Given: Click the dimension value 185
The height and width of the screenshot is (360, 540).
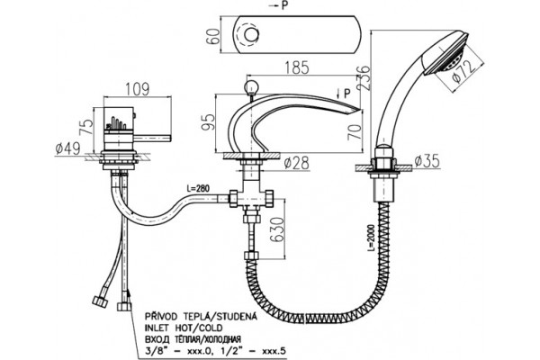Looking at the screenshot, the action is coord(297,67).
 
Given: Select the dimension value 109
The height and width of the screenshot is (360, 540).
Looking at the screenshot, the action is coord(137,89).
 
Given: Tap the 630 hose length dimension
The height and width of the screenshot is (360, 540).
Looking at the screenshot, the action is coord(277,229).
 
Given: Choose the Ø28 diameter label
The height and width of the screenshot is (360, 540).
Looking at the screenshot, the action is coord(297,163).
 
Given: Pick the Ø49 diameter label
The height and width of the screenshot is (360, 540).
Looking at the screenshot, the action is coord(67,148).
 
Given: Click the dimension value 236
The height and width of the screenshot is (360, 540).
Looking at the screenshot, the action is coord(364,78).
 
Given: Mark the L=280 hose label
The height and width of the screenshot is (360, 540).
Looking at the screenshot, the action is coord(198,189).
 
